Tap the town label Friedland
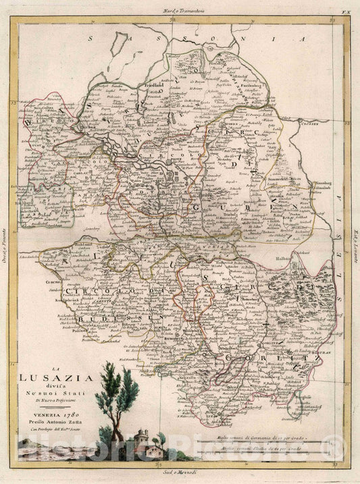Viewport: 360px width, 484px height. click(x=159, y=89)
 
